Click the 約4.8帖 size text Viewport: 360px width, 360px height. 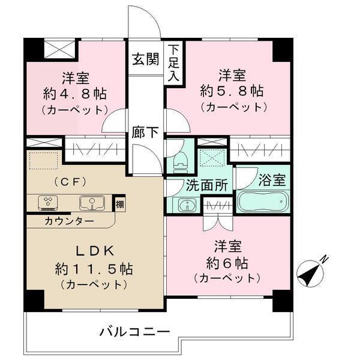pos(74,94)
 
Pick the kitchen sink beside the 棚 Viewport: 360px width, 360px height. pos(92,203)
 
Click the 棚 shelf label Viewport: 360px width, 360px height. pos(121,204)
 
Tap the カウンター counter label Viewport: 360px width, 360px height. pos(69,221)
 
